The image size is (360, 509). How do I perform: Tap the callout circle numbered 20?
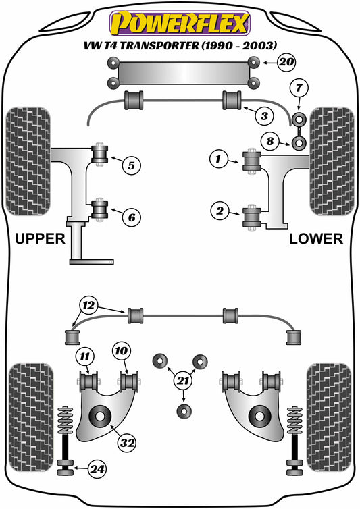(x=287, y=63)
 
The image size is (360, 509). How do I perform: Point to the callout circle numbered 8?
(x=270, y=142)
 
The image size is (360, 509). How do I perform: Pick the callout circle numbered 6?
(x=132, y=217)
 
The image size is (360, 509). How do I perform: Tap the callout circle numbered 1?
(x=219, y=160)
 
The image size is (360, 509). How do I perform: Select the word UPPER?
(x=40, y=238)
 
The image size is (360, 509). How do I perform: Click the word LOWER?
(x=316, y=238)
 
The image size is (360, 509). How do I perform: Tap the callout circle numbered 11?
(x=84, y=355)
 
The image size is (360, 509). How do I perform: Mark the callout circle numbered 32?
(x=127, y=443)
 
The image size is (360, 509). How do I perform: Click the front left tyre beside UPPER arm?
(x=28, y=161)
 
